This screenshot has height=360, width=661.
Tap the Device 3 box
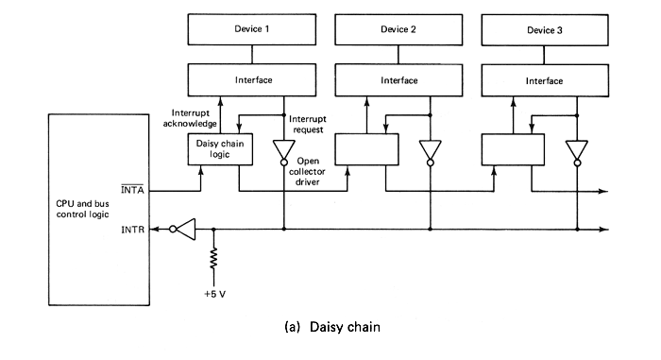(x=544, y=29)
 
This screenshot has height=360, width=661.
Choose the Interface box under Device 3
(x=544, y=80)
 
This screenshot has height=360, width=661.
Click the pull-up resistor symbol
(x=215, y=257)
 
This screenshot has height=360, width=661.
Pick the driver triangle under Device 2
(x=431, y=150)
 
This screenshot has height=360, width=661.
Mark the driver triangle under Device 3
(x=575, y=150)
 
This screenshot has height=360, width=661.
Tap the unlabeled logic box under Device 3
(x=513, y=149)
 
